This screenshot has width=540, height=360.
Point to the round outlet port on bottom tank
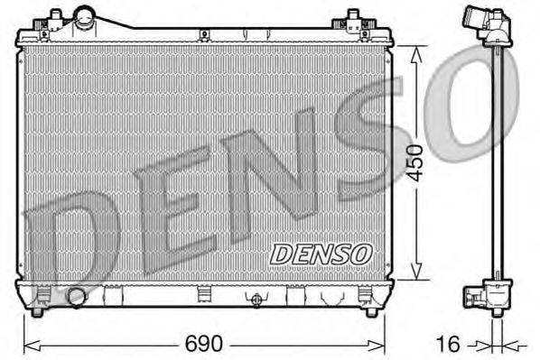(77, 297)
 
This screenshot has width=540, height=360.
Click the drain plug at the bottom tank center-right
(257, 300)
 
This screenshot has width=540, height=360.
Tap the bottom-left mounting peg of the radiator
(38, 312)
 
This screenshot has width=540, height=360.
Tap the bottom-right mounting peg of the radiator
(371, 312)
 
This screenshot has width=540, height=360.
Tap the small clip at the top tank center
(205, 35)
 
